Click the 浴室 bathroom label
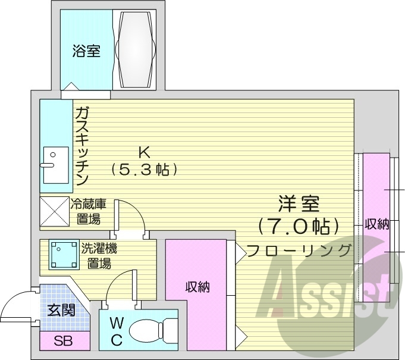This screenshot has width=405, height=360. pyautogui.click(x=86, y=52)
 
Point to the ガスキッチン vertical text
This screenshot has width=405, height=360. pyautogui.click(x=82, y=145)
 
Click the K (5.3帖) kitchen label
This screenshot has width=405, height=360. pyautogui.click(x=144, y=161)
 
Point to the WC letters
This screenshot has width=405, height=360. pyautogui.click(x=117, y=332)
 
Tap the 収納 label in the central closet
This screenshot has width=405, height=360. pyautogui.click(x=197, y=287)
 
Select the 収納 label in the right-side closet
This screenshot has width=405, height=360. pyautogui.click(x=376, y=224)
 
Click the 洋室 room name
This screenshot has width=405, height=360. pyautogui.click(x=299, y=204)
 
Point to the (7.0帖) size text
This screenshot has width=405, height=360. pyautogui.click(x=299, y=226)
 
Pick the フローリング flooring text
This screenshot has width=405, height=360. pyautogui.click(x=299, y=250)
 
